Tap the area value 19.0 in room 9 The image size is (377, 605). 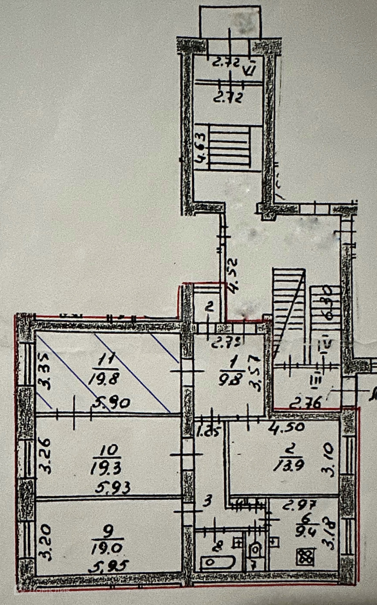coord(106,549)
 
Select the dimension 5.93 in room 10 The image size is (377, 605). coord(113,488)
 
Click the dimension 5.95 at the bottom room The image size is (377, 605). coord(109,566)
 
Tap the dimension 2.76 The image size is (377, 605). coord(305,403)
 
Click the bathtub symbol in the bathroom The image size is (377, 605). coord(217,562)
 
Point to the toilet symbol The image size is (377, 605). coord(256,550)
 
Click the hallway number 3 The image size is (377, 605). coord(207,501)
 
